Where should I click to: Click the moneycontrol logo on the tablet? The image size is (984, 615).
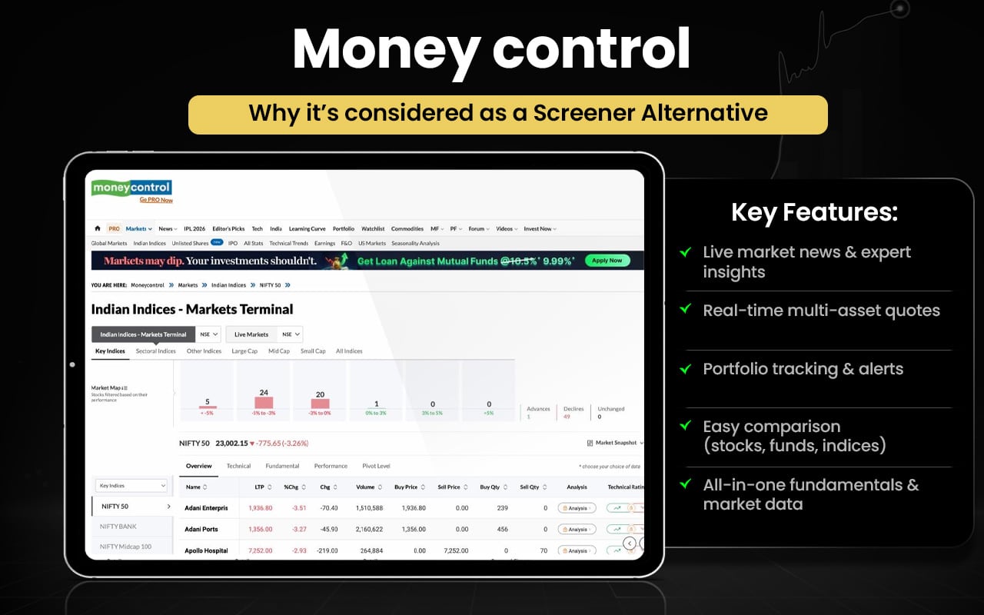coord(131,188)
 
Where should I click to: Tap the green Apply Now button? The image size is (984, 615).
coord(607,261)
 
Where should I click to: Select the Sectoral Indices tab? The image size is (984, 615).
coord(156,351)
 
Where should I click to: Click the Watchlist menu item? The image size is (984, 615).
coord(373,228)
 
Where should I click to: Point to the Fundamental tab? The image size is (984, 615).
coord(282,466)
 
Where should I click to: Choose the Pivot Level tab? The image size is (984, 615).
coord(376,466)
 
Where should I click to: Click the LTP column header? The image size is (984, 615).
coord(259,487)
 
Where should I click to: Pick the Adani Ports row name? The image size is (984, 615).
coord(201,529)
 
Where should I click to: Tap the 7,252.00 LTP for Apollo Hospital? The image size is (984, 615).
coord(260,550)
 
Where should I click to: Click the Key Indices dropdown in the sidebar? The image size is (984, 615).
coord(131,486)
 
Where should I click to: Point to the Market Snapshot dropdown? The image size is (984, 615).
coord(615,443)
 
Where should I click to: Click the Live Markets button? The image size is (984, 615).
coord(251,334)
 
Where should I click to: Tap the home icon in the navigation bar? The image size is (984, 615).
coord(98,228)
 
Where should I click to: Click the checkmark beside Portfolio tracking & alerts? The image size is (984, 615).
coord(685,369)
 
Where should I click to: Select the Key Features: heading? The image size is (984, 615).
coord(814,212)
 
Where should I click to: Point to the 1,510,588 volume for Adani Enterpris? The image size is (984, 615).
coord(370,508)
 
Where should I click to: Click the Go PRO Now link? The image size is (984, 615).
coord(156,200)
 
